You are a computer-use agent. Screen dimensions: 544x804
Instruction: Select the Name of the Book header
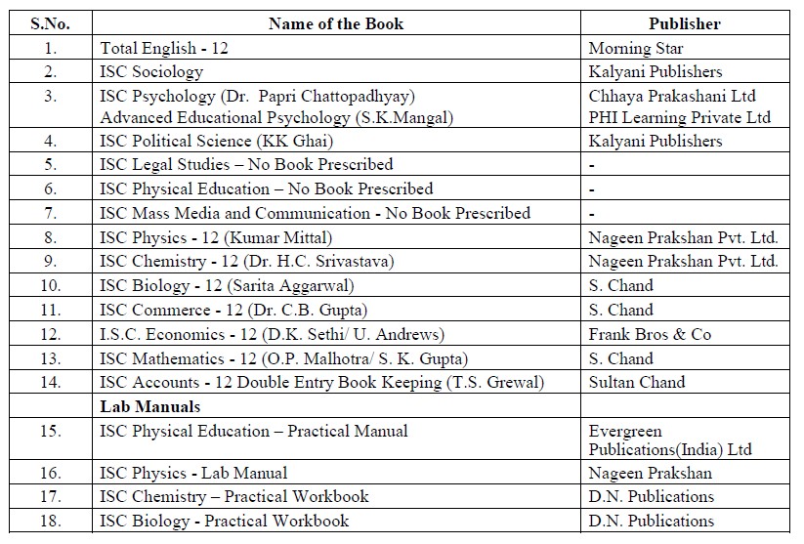[336, 23]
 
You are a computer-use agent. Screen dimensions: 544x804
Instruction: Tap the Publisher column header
[684, 23]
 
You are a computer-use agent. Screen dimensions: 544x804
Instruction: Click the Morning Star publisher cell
[636, 48]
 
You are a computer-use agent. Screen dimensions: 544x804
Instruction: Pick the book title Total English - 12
[164, 48]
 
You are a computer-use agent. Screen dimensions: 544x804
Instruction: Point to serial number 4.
[51, 141]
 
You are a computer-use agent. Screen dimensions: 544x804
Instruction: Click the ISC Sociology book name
[151, 71]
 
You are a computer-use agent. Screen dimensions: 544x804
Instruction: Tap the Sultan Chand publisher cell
[637, 382]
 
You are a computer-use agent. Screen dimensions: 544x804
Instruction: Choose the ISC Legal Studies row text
[246, 164]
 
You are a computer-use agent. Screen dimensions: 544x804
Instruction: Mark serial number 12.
[51, 334]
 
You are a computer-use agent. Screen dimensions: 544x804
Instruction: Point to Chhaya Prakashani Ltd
[673, 96]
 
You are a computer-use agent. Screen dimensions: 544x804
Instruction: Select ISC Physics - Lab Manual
[190, 473]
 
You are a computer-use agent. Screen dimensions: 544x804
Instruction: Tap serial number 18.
[51, 521]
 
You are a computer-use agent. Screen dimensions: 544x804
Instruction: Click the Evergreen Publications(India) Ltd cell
[670, 439]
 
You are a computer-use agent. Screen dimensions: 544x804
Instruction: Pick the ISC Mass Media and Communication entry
[315, 213]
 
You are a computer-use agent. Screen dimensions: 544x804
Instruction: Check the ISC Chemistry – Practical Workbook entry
[234, 496]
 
